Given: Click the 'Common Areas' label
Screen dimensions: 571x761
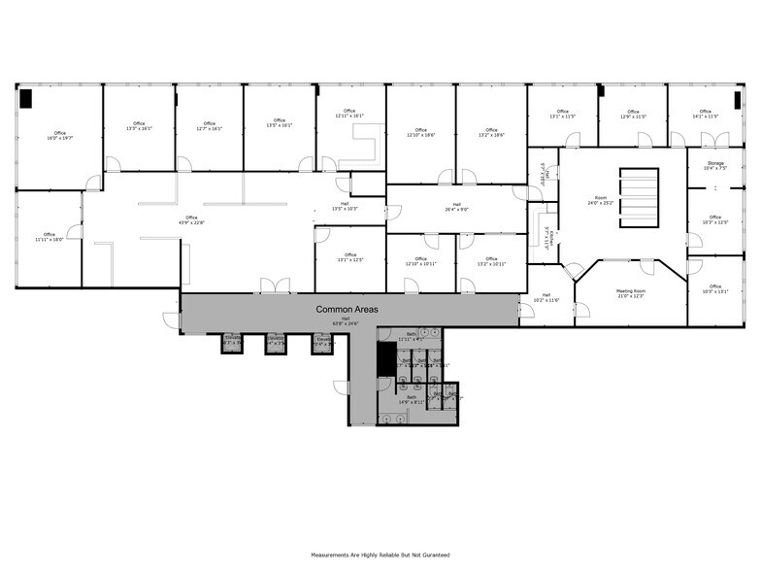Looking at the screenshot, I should pyautogui.click(x=347, y=309).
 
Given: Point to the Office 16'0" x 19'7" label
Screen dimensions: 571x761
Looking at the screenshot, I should pyautogui.click(x=60, y=136).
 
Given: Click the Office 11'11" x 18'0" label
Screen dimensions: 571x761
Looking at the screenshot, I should pyautogui.click(x=49, y=237).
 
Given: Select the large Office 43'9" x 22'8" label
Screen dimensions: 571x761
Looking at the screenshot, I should pyautogui.click(x=191, y=220).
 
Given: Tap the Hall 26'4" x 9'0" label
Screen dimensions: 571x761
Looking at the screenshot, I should pyautogui.click(x=456, y=206).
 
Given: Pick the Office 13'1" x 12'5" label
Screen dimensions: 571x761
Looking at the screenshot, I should pyautogui.click(x=349, y=257).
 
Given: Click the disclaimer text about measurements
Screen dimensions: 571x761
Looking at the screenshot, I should pyautogui.click(x=380, y=554).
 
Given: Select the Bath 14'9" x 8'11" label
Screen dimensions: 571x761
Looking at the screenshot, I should pyautogui.click(x=411, y=400).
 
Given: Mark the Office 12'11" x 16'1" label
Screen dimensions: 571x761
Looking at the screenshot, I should pyautogui.click(x=349, y=114).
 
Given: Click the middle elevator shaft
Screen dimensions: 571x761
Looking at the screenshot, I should pyautogui.click(x=276, y=343).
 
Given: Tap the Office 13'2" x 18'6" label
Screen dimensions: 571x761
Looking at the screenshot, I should pyautogui.click(x=491, y=133).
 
